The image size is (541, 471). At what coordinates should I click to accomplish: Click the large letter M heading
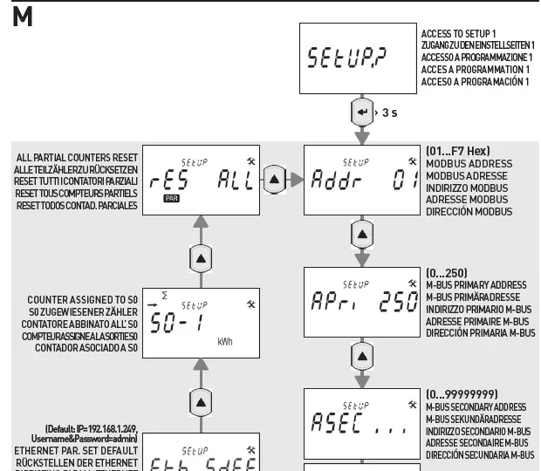[23, 16]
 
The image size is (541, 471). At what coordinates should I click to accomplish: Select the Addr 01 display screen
[360, 179]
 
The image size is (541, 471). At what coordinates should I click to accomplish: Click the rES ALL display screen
[200, 179]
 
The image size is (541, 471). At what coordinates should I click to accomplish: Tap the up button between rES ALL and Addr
[275, 180]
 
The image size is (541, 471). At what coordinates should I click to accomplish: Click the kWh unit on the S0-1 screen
[225, 341]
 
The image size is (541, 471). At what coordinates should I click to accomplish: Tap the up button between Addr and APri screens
[360, 235]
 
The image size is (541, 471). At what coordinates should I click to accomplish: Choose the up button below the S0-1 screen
[201, 401]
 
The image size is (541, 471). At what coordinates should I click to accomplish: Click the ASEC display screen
[360, 424]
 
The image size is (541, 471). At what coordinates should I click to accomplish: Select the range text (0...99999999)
[462, 395]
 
